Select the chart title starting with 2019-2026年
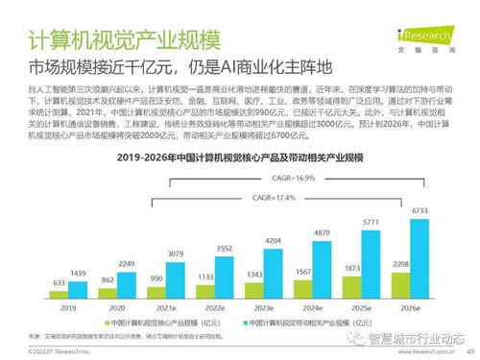pos(241,156)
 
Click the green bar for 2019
pos(58,292)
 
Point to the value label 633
pos(58,282)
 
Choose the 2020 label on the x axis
pos(116,307)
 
